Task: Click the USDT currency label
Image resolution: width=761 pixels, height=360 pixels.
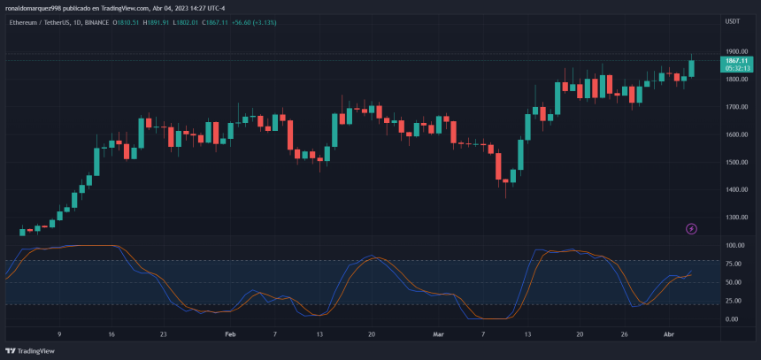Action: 733,20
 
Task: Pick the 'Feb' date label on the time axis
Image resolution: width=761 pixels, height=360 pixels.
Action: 230,334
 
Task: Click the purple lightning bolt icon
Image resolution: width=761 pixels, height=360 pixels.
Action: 692,228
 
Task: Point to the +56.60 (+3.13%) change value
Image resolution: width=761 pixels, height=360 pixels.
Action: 251,21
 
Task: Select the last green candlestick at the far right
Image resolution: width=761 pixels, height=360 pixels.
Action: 692,67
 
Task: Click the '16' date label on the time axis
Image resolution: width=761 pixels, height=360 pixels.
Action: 111,334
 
